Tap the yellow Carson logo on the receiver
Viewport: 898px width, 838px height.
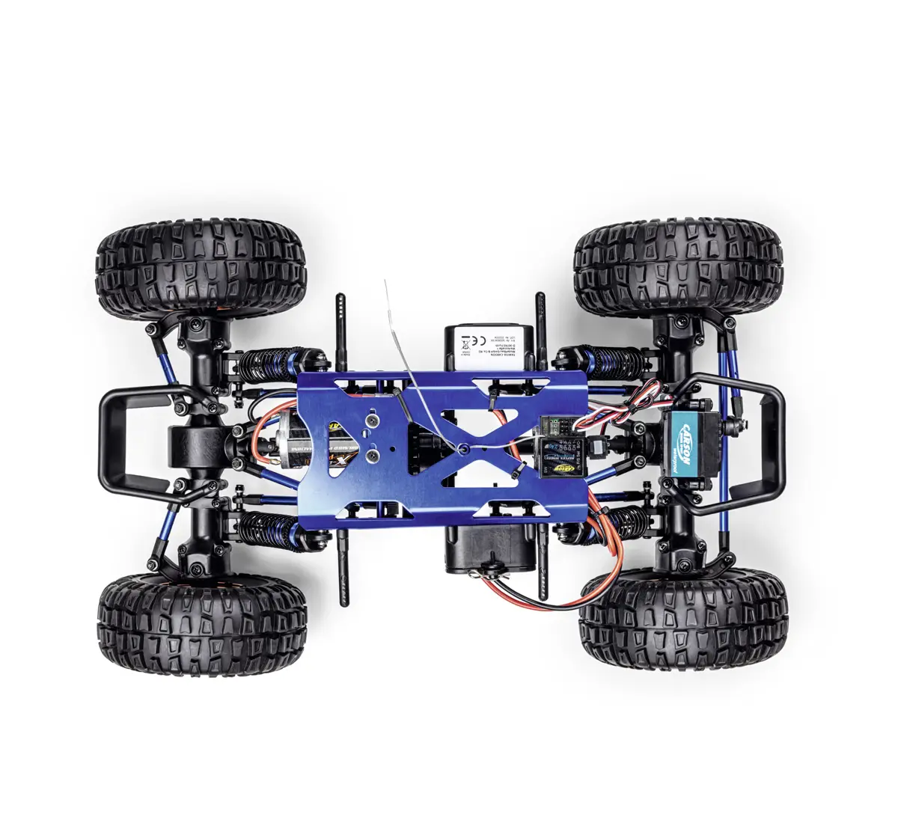click(x=566, y=467)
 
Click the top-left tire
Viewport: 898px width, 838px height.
click(x=201, y=267)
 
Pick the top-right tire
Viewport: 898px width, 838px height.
click(x=678, y=267)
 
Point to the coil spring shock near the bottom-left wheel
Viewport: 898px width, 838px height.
click(x=268, y=528)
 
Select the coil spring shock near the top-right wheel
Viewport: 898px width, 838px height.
click(x=608, y=361)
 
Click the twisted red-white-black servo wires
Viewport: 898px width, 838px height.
click(x=634, y=405)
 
